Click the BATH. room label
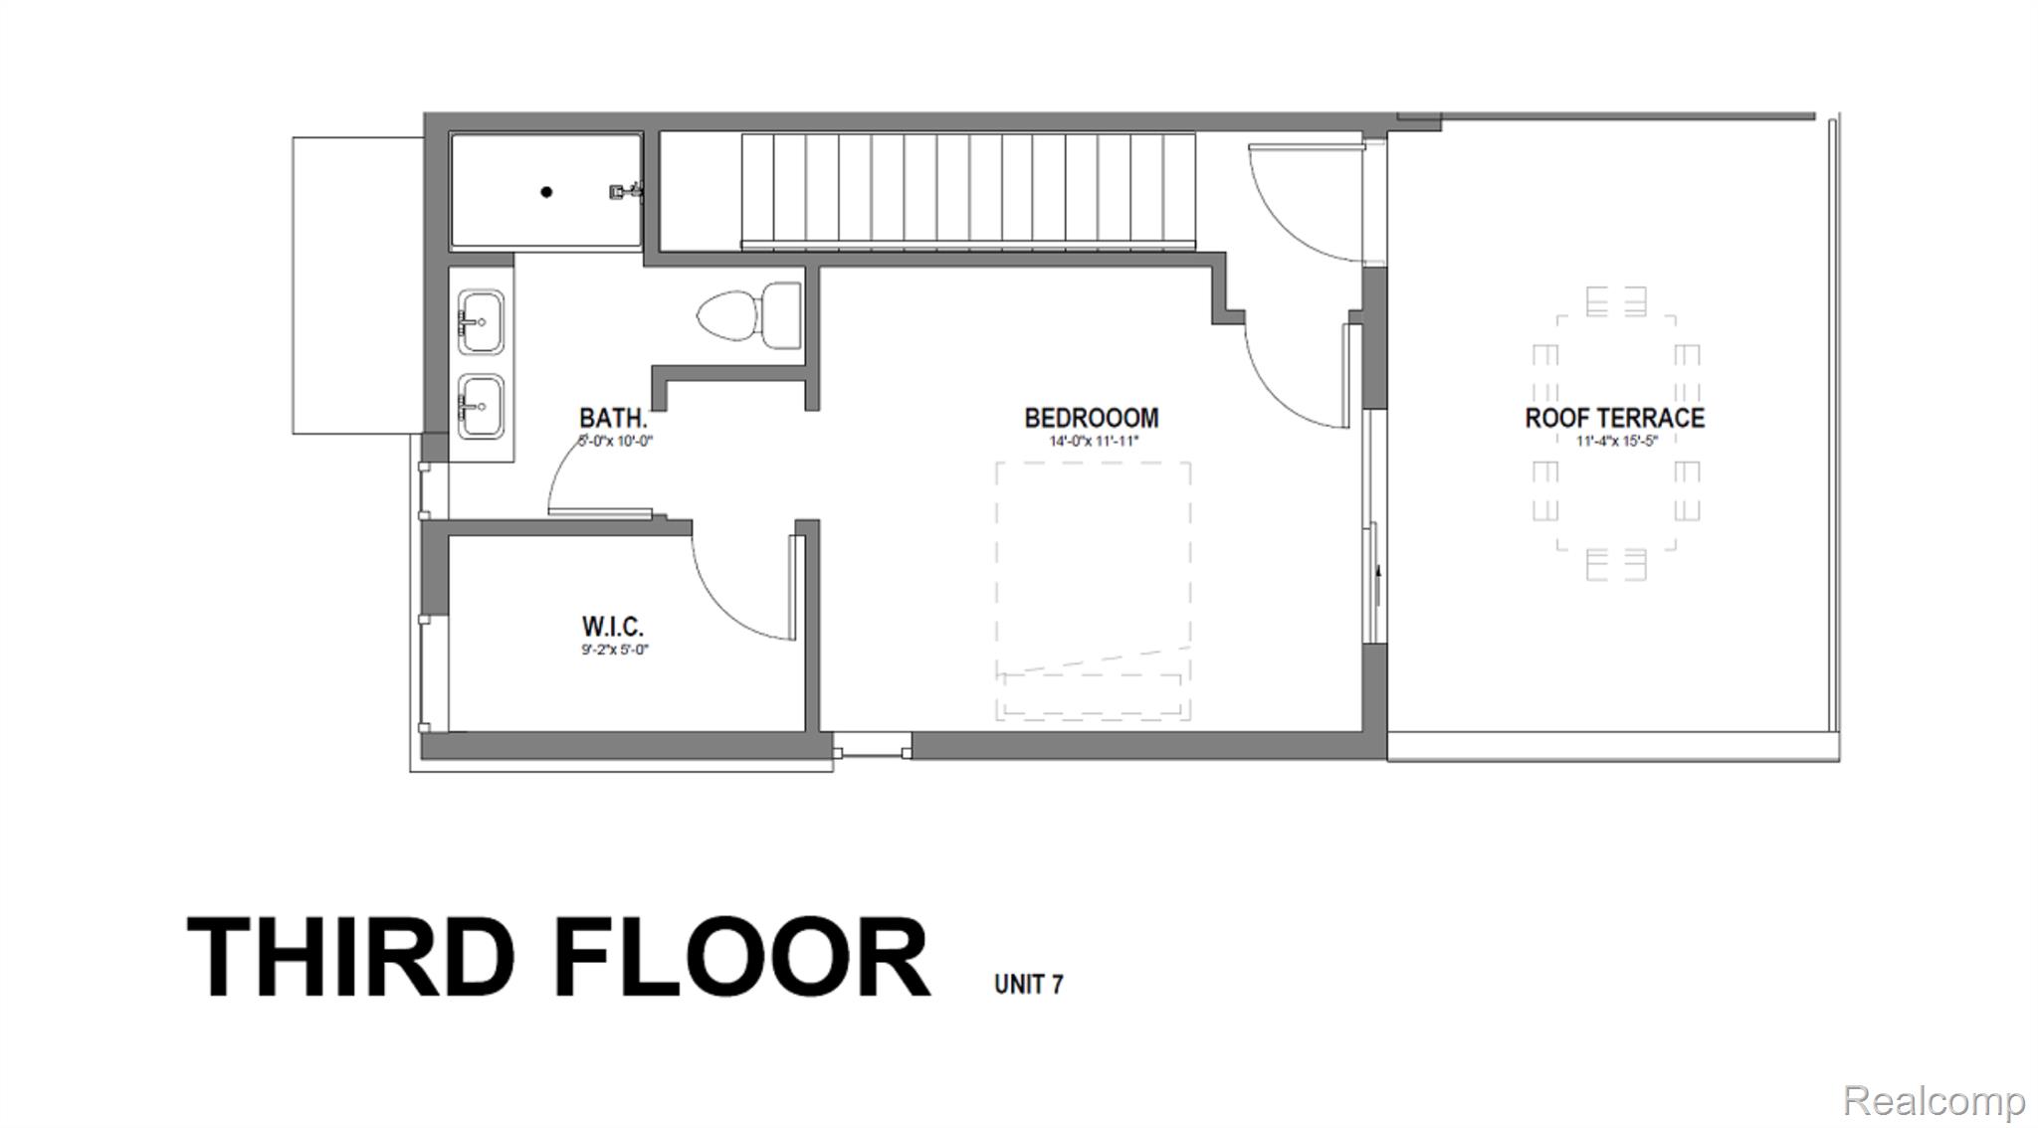tap(613, 418)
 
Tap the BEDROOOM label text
tap(1092, 418)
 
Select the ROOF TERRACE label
tap(1614, 418)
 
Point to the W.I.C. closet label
tap(612, 627)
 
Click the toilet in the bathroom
tap(748, 315)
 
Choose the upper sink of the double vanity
tap(481, 321)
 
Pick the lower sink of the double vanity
tap(481, 405)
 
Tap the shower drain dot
tap(546, 192)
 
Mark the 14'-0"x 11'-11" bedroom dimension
tap(1092, 442)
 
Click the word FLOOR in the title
tap(740, 957)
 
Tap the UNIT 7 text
tap(1028, 984)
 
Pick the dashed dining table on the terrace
tap(1615, 432)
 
